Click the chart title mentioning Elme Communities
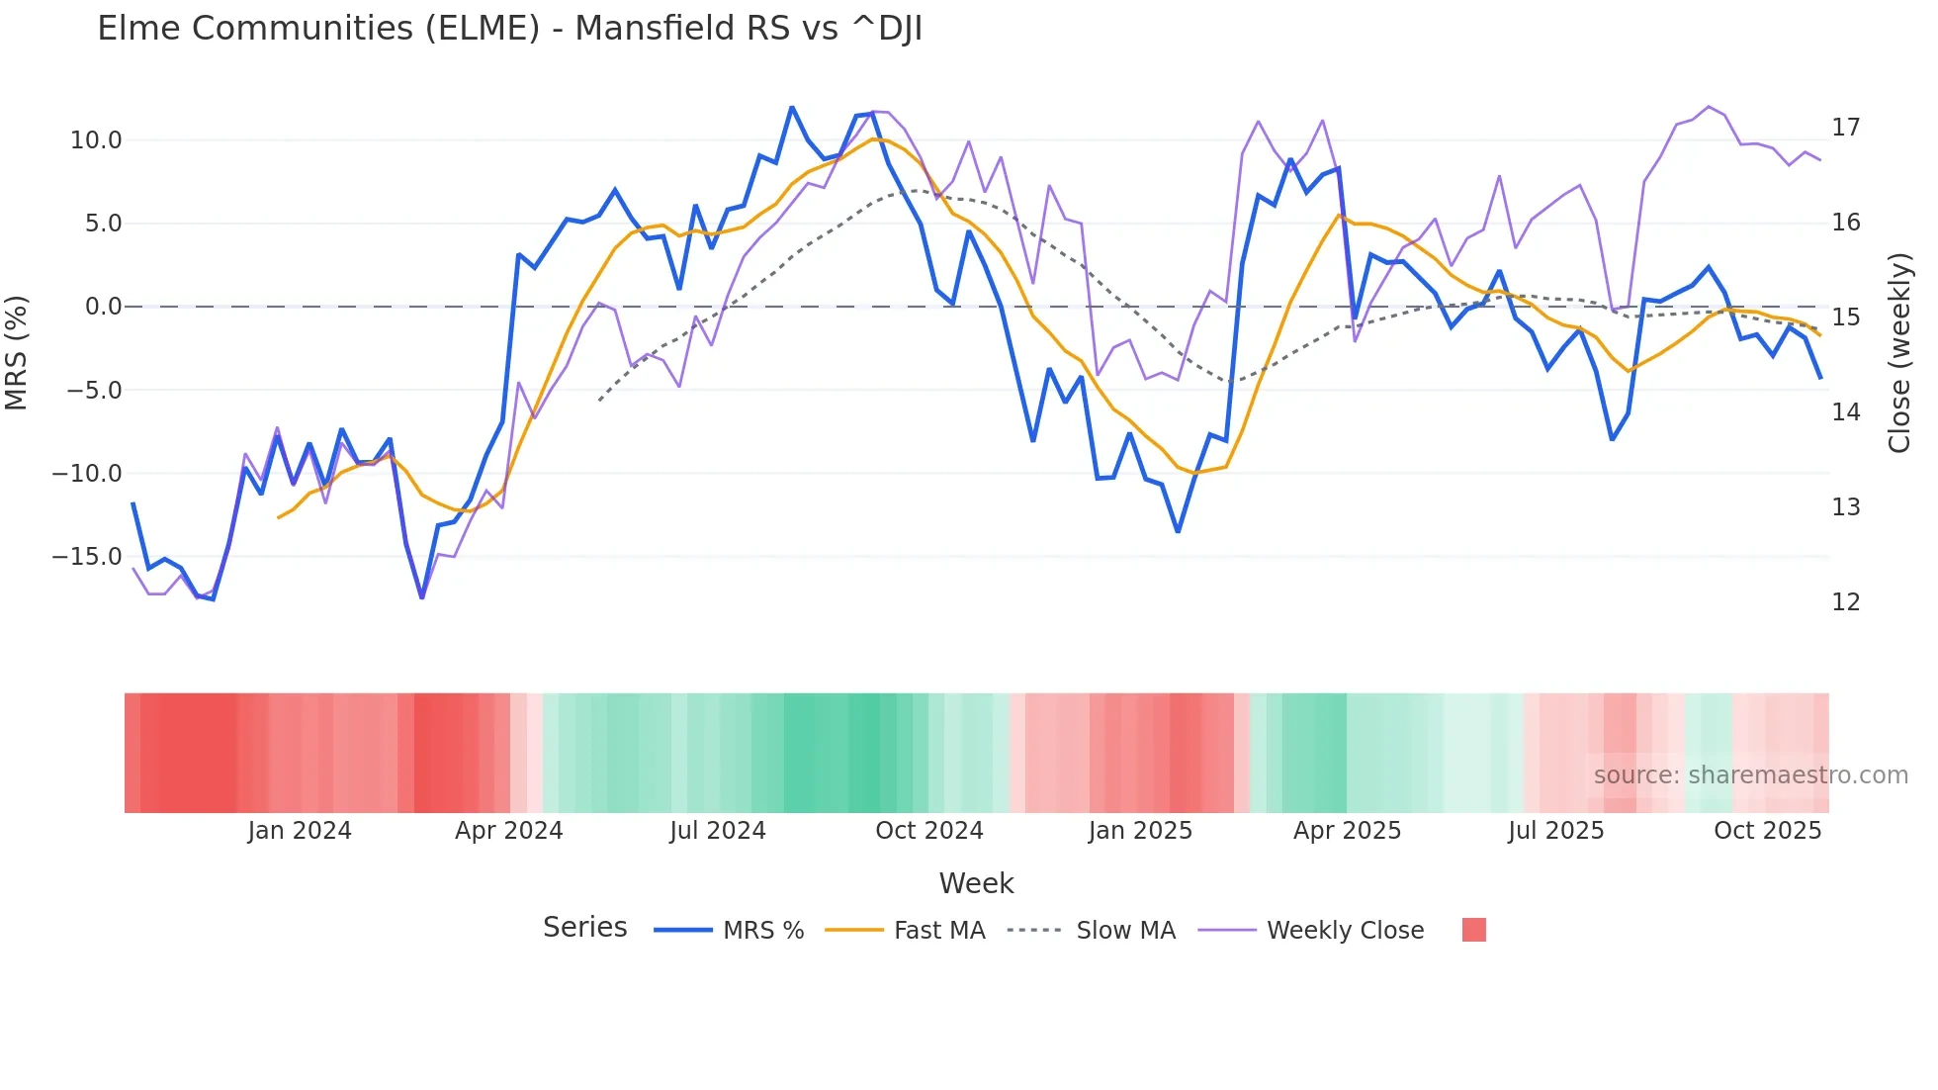click(509, 29)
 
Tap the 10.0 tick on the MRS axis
click(96, 140)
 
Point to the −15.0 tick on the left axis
click(87, 557)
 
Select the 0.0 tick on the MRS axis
click(103, 307)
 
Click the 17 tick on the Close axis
click(1845, 128)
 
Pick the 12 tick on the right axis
click(1845, 602)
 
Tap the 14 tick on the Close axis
click(1845, 412)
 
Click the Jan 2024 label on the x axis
click(300, 831)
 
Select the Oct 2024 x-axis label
click(928, 831)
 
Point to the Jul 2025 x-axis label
click(1555, 831)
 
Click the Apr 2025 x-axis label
click(1347, 831)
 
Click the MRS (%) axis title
click(17, 352)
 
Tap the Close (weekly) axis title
click(1898, 353)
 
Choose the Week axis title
click(976, 883)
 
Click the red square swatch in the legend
click(1473, 930)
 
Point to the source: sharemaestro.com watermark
click(1750, 775)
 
